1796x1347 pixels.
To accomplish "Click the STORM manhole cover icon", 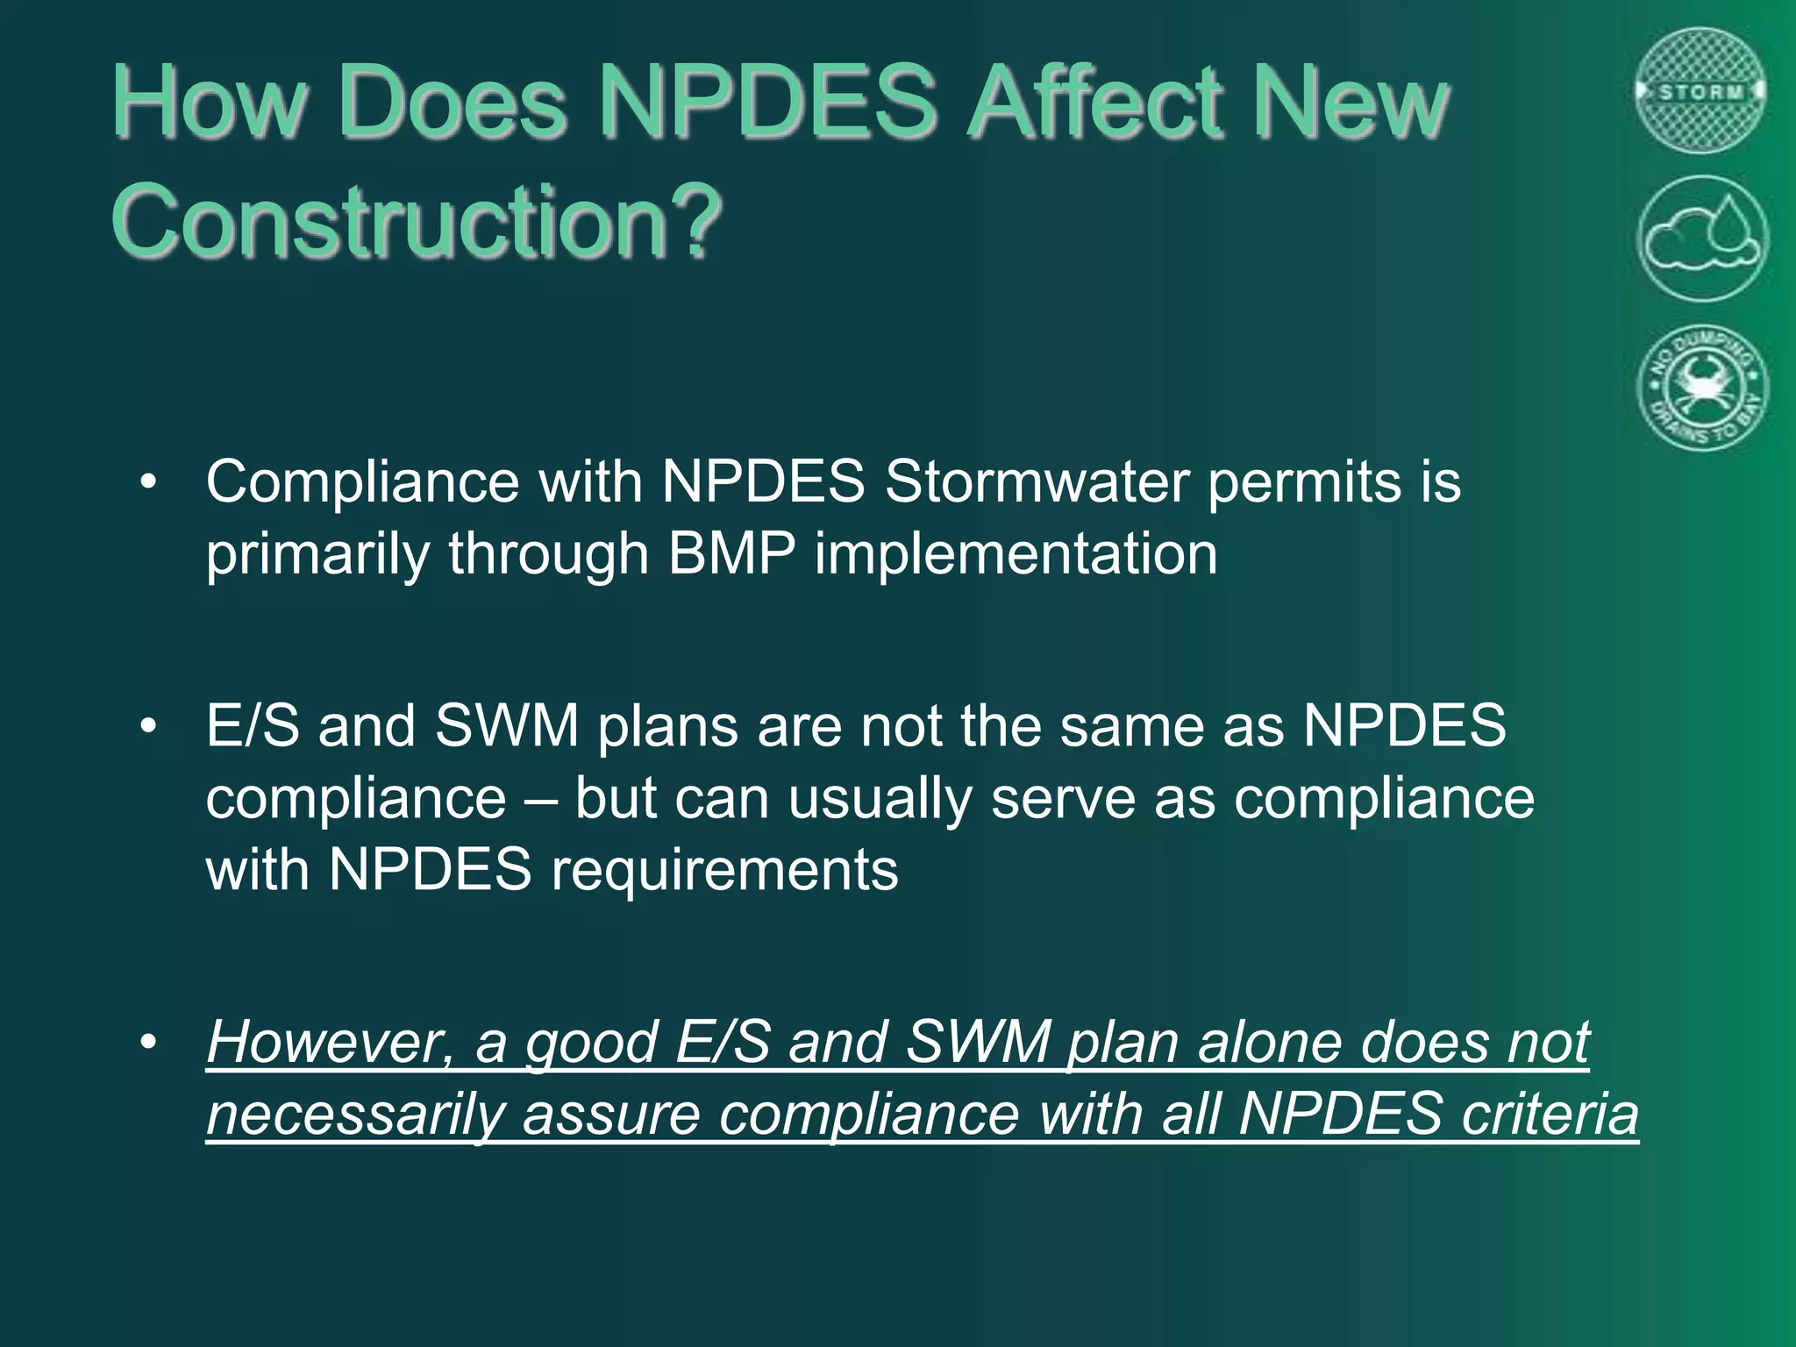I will pyautogui.click(x=1701, y=90).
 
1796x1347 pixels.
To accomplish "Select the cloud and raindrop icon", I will pyautogui.click(x=1701, y=239).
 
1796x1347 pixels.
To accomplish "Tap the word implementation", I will pyautogui.click(x=1016, y=554).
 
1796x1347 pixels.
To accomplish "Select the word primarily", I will pyautogui.click(x=317, y=554).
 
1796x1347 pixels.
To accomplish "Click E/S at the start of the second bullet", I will pyautogui.click(x=253, y=726).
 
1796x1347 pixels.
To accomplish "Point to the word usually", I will pyautogui.click(x=880, y=799).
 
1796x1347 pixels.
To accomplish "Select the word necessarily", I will pyautogui.click(x=355, y=1115).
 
